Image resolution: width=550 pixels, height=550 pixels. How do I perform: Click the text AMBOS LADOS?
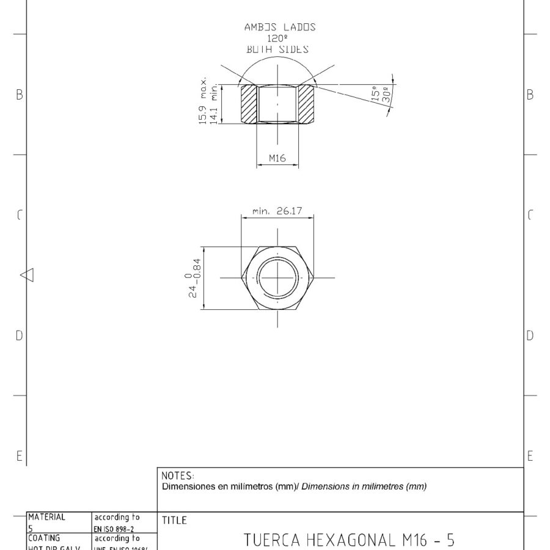(279, 27)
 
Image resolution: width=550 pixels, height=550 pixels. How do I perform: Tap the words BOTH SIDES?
(277, 49)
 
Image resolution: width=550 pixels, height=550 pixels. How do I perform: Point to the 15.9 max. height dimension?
(204, 101)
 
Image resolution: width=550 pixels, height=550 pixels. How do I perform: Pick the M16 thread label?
(277, 158)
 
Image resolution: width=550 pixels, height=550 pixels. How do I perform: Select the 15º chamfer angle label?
(374, 93)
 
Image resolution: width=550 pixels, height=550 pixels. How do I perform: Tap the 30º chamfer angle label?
(385, 95)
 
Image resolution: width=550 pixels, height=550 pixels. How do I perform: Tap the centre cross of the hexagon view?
(277, 277)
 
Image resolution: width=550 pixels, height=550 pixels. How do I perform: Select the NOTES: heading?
(178, 475)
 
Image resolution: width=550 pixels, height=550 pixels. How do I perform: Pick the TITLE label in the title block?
(175, 521)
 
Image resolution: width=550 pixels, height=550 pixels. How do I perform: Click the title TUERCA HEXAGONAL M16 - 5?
(349, 540)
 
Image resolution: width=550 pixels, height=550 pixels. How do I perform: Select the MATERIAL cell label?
(46, 516)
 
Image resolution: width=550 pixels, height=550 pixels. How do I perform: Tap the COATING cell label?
(44, 538)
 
